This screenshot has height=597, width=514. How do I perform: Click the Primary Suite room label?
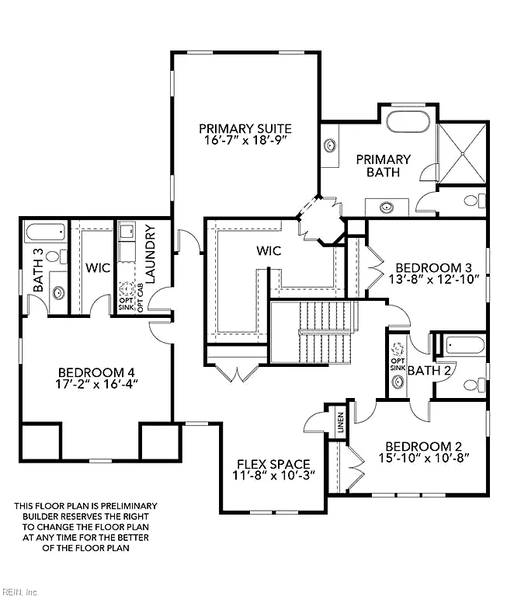[245, 129]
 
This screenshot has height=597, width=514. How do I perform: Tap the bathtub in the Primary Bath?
[408, 121]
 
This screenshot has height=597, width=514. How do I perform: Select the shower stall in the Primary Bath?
[462, 153]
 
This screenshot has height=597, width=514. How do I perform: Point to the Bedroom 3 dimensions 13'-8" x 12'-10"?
[433, 280]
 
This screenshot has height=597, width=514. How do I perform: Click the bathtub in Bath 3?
[45, 232]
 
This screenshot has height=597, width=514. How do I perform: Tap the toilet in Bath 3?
[57, 257]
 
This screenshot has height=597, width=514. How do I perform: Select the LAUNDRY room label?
[151, 253]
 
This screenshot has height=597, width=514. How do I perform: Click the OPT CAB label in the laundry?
[140, 298]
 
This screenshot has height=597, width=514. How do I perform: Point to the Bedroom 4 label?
[96, 372]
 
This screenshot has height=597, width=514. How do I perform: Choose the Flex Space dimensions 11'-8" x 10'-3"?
[274, 475]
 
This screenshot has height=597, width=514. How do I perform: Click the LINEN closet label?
[341, 422]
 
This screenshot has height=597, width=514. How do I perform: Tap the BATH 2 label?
[429, 370]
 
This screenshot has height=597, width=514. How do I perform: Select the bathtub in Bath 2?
[465, 346]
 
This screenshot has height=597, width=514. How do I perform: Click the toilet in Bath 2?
[475, 385]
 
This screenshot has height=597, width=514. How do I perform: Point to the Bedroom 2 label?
[423, 446]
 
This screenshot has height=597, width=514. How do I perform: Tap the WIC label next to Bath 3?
[98, 267]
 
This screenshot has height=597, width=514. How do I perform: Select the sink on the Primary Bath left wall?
[329, 145]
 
